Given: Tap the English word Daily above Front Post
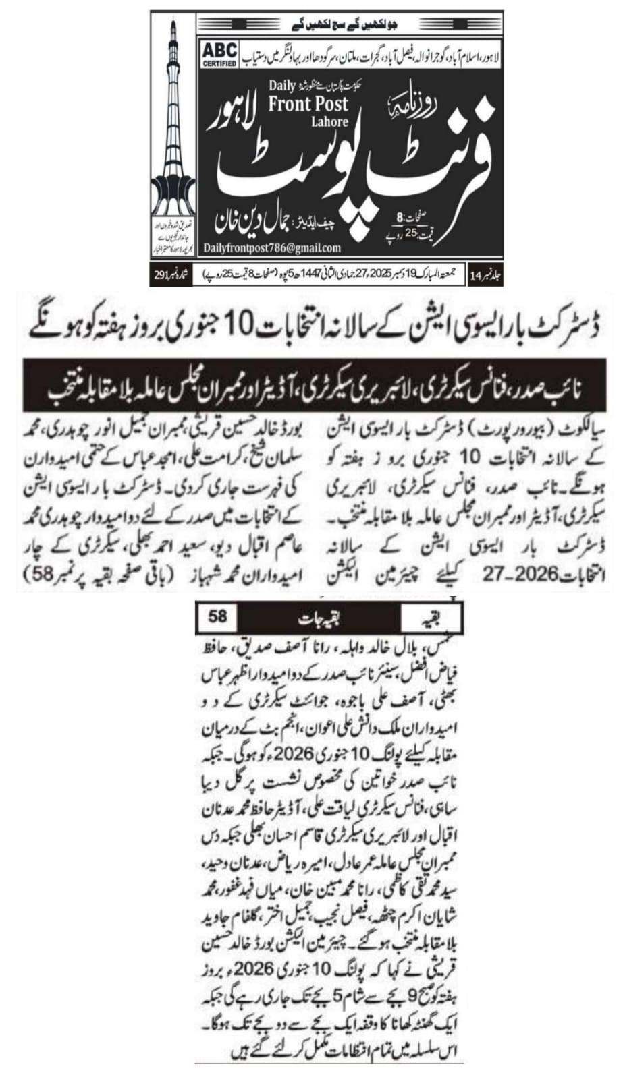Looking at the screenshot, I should (281, 86).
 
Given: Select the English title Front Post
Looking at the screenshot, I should (308, 103).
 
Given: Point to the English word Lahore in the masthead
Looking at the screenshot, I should (329, 122).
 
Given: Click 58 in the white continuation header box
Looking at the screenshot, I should (217, 616).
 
